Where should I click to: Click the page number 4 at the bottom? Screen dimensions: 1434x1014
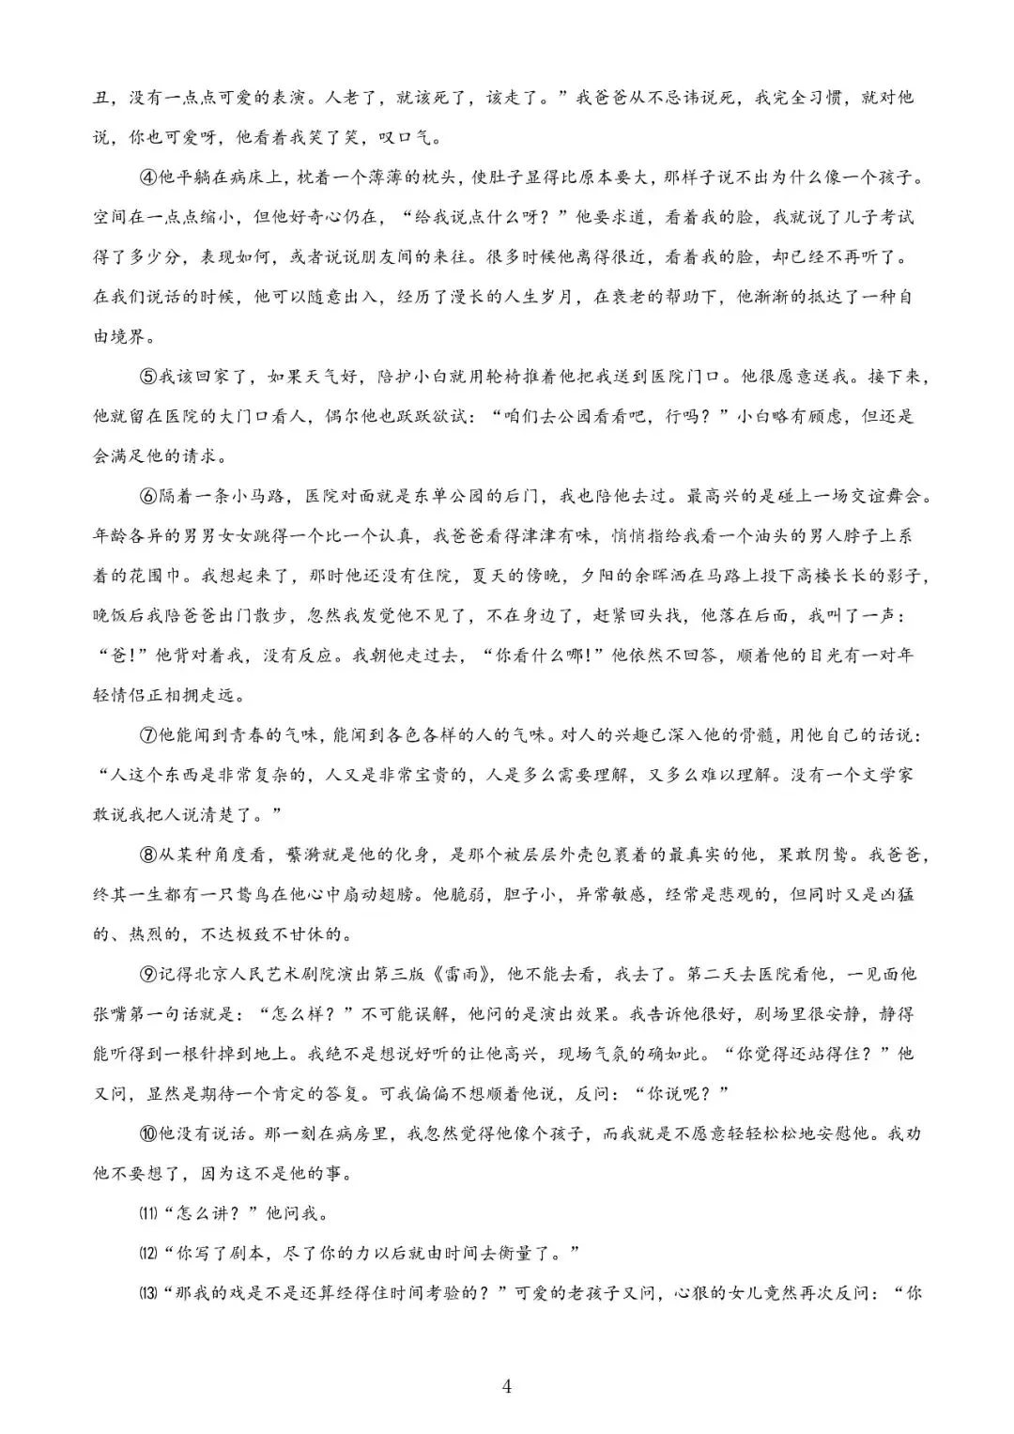click(507, 1386)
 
